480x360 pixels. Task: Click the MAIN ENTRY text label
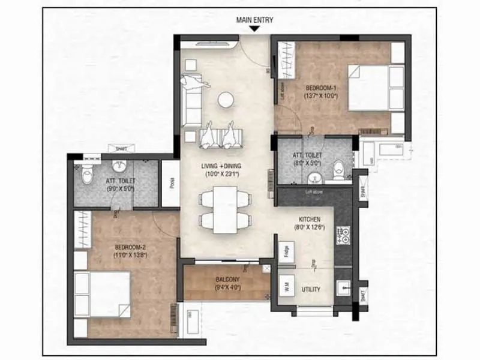(255, 20)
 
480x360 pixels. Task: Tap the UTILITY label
(311, 289)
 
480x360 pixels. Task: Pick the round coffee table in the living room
(226, 100)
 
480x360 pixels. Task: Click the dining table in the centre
(226, 210)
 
